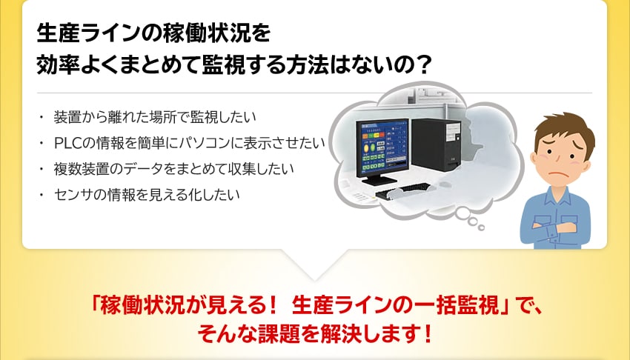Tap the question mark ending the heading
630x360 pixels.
(422, 64)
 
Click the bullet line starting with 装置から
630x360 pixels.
(155, 117)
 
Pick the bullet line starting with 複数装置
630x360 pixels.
(173, 169)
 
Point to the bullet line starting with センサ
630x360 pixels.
(147, 195)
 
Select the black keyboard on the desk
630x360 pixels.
(402, 190)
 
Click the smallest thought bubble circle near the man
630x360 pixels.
(481, 228)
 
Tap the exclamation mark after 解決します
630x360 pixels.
(428, 334)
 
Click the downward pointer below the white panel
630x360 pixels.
(314, 265)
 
